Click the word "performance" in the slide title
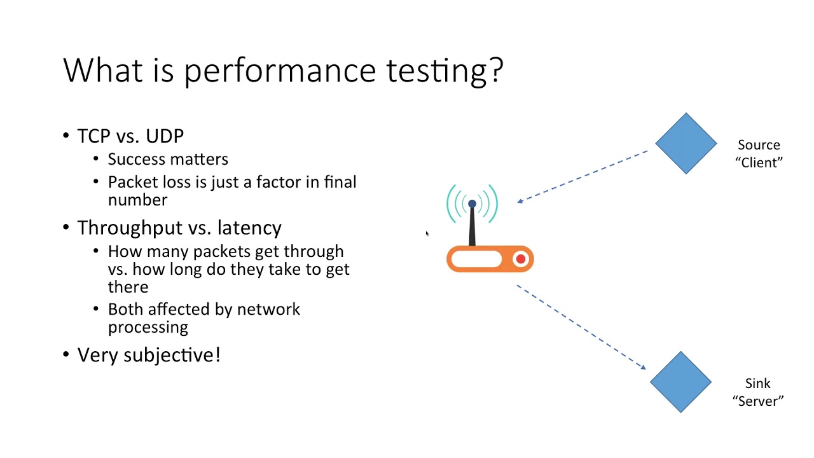click(282, 71)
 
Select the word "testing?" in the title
click(445, 71)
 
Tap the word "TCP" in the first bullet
click(93, 136)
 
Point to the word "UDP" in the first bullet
click(165, 136)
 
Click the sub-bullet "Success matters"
click(168, 159)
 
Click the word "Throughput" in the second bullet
click(125, 228)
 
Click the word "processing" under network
click(148, 327)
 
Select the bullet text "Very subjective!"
click(149, 355)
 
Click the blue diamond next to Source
click(686, 144)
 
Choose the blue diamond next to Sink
click(680, 382)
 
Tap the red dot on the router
click(521, 259)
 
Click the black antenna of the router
click(472, 226)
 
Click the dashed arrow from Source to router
click(582, 176)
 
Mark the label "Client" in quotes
click(759, 163)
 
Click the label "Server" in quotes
click(757, 401)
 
